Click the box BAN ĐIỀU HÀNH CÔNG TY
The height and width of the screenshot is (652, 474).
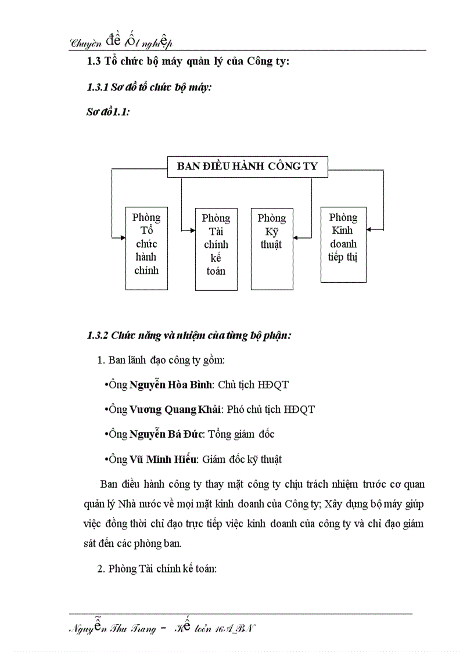click(x=247, y=167)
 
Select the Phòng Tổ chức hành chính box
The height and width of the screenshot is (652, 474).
click(x=146, y=248)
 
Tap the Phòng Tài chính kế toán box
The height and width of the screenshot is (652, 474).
click(x=216, y=248)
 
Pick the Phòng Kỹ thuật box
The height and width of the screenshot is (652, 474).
click(x=272, y=248)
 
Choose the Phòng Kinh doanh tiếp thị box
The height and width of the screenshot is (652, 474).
click(x=343, y=244)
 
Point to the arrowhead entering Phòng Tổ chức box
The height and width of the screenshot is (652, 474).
click(x=123, y=237)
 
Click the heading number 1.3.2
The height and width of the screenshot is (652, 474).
click(x=98, y=336)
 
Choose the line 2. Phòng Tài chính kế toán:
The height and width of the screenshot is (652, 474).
click(x=157, y=569)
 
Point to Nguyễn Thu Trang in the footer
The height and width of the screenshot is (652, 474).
click(x=112, y=629)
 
